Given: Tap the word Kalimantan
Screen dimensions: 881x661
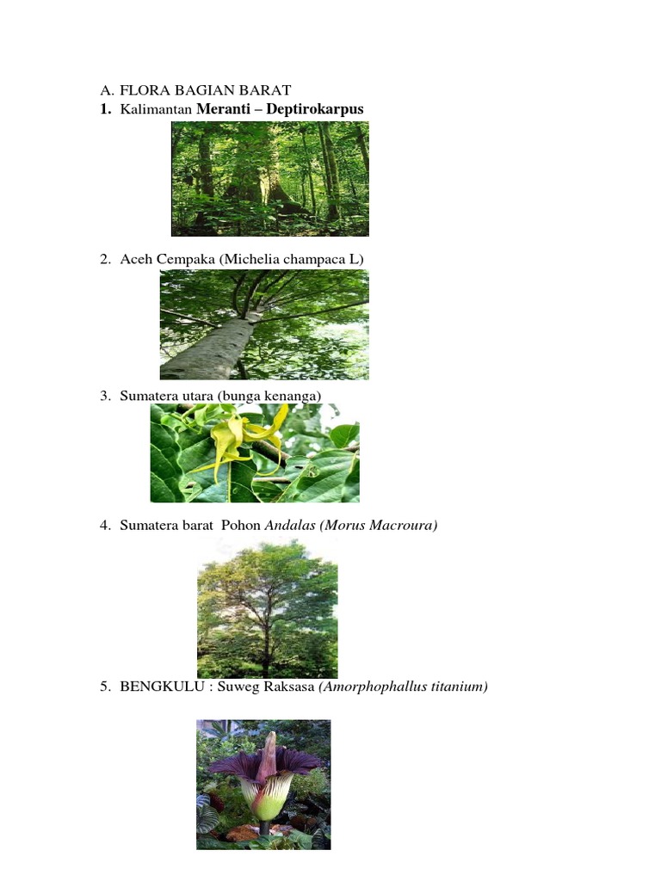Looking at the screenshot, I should tap(157, 109).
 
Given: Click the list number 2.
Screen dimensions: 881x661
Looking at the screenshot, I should tap(104, 259).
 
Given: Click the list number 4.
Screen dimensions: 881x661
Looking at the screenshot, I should tap(104, 525).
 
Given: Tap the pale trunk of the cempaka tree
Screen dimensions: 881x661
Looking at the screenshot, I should tap(215, 348).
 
